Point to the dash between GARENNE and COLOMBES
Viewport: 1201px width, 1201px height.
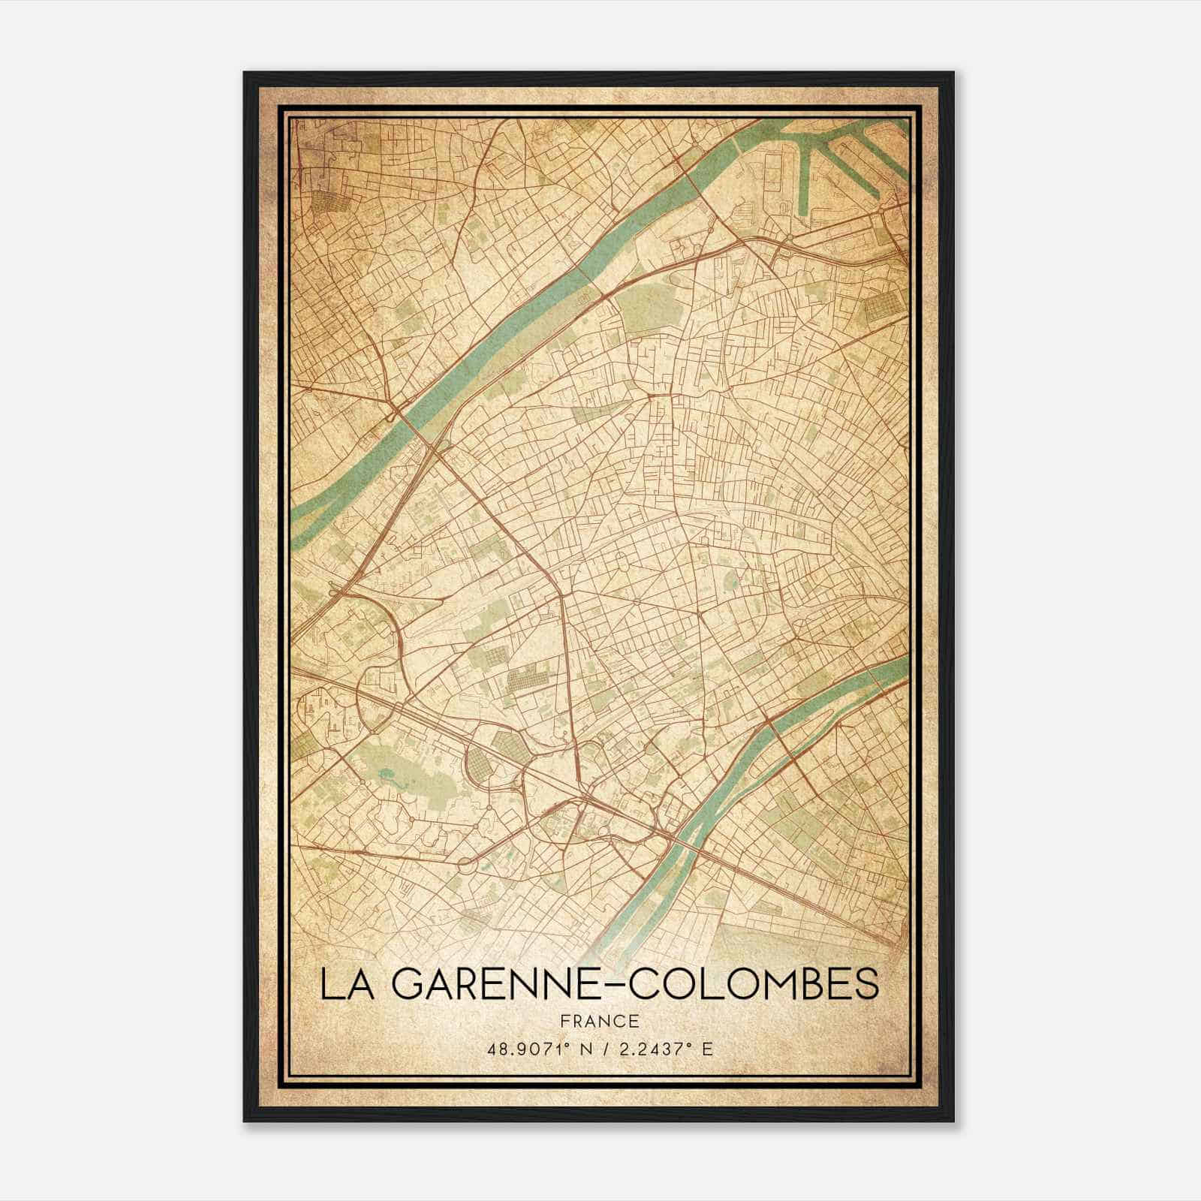point(613,984)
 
